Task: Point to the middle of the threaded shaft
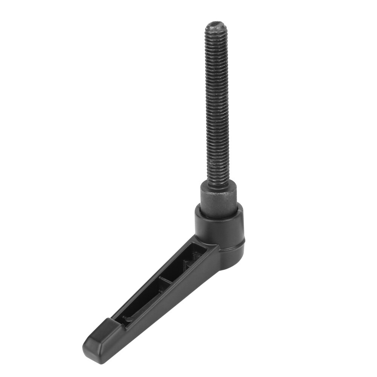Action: (x=217, y=102)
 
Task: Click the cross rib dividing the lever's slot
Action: (x=166, y=281)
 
